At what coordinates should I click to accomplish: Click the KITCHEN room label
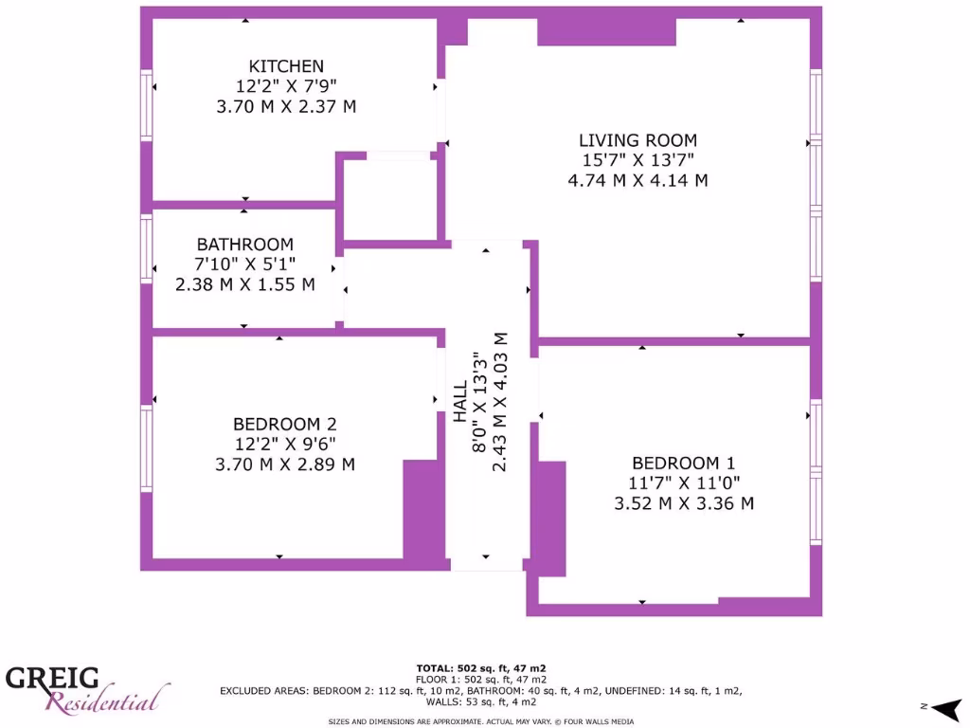pos(286,66)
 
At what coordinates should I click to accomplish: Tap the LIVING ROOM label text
pos(638,140)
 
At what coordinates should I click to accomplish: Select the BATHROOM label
pos(244,245)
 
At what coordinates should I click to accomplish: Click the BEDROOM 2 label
pos(284,425)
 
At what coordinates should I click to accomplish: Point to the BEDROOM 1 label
pos(683,464)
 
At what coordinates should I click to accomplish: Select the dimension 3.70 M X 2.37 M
pos(286,106)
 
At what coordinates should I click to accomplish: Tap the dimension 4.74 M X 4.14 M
pos(638,180)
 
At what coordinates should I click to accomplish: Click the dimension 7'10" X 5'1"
pos(244,264)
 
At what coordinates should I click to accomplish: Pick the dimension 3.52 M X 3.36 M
pos(683,503)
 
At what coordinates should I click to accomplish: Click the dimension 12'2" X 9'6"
pos(284,445)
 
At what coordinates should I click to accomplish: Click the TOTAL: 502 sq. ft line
pos(481,668)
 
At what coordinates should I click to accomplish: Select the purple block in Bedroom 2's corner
pos(423,510)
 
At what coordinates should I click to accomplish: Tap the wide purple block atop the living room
pos(606,31)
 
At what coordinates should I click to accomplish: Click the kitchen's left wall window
pos(146,104)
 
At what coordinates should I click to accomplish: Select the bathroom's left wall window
pos(146,248)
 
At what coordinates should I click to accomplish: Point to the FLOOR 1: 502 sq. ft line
pos(481,680)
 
